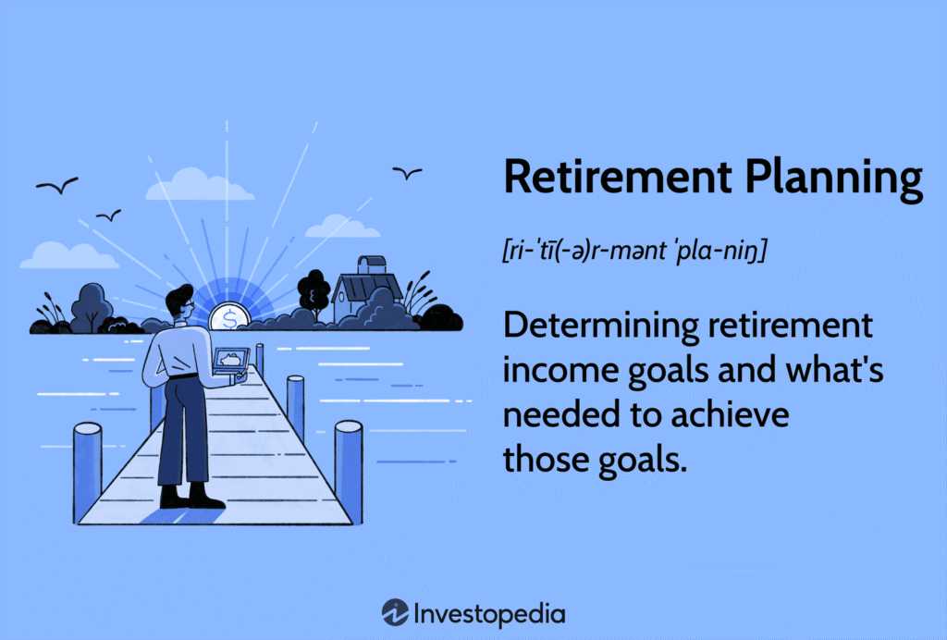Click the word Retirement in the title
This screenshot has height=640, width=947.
point(618,177)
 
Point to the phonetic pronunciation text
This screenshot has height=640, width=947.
point(634,250)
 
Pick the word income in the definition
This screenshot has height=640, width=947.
point(561,370)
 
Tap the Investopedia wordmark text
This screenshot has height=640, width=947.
point(489,614)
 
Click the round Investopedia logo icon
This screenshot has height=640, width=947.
point(395,613)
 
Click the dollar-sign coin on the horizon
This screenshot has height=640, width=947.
point(229,316)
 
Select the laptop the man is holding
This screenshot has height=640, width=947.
point(230,361)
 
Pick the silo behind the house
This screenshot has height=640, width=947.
point(372,265)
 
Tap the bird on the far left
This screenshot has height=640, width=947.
point(57,185)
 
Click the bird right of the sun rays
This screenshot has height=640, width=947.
point(407,173)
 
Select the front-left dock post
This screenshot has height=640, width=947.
point(87,471)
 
